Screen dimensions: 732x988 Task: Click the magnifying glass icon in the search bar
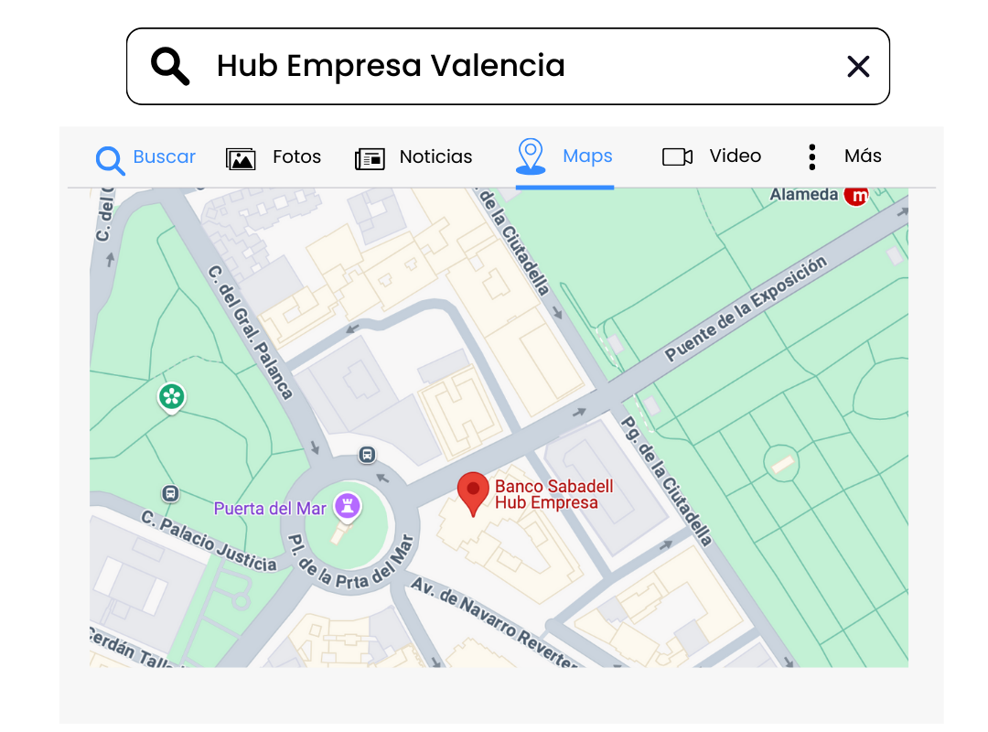tap(170, 66)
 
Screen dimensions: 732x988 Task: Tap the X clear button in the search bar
tap(857, 66)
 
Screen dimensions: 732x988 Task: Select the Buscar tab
tap(146, 157)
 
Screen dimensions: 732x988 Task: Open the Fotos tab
tap(274, 157)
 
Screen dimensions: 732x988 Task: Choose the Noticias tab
tap(413, 157)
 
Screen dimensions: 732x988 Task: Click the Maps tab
tap(564, 157)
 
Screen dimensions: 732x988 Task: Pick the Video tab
tap(712, 157)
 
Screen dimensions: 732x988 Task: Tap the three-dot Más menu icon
tap(811, 157)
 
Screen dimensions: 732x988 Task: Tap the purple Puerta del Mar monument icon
tap(348, 504)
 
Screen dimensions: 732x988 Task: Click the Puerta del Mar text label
tap(271, 509)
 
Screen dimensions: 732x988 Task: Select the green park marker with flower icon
tap(171, 397)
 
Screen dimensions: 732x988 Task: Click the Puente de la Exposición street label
tap(746, 308)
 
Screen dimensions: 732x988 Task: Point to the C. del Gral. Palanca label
tap(250, 332)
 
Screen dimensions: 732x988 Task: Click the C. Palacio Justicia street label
tap(209, 541)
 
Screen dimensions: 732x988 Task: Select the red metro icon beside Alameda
tap(856, 195)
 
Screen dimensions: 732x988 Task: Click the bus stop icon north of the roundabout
tap(367, 454)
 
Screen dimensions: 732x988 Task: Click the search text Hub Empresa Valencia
tap(391, 66)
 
